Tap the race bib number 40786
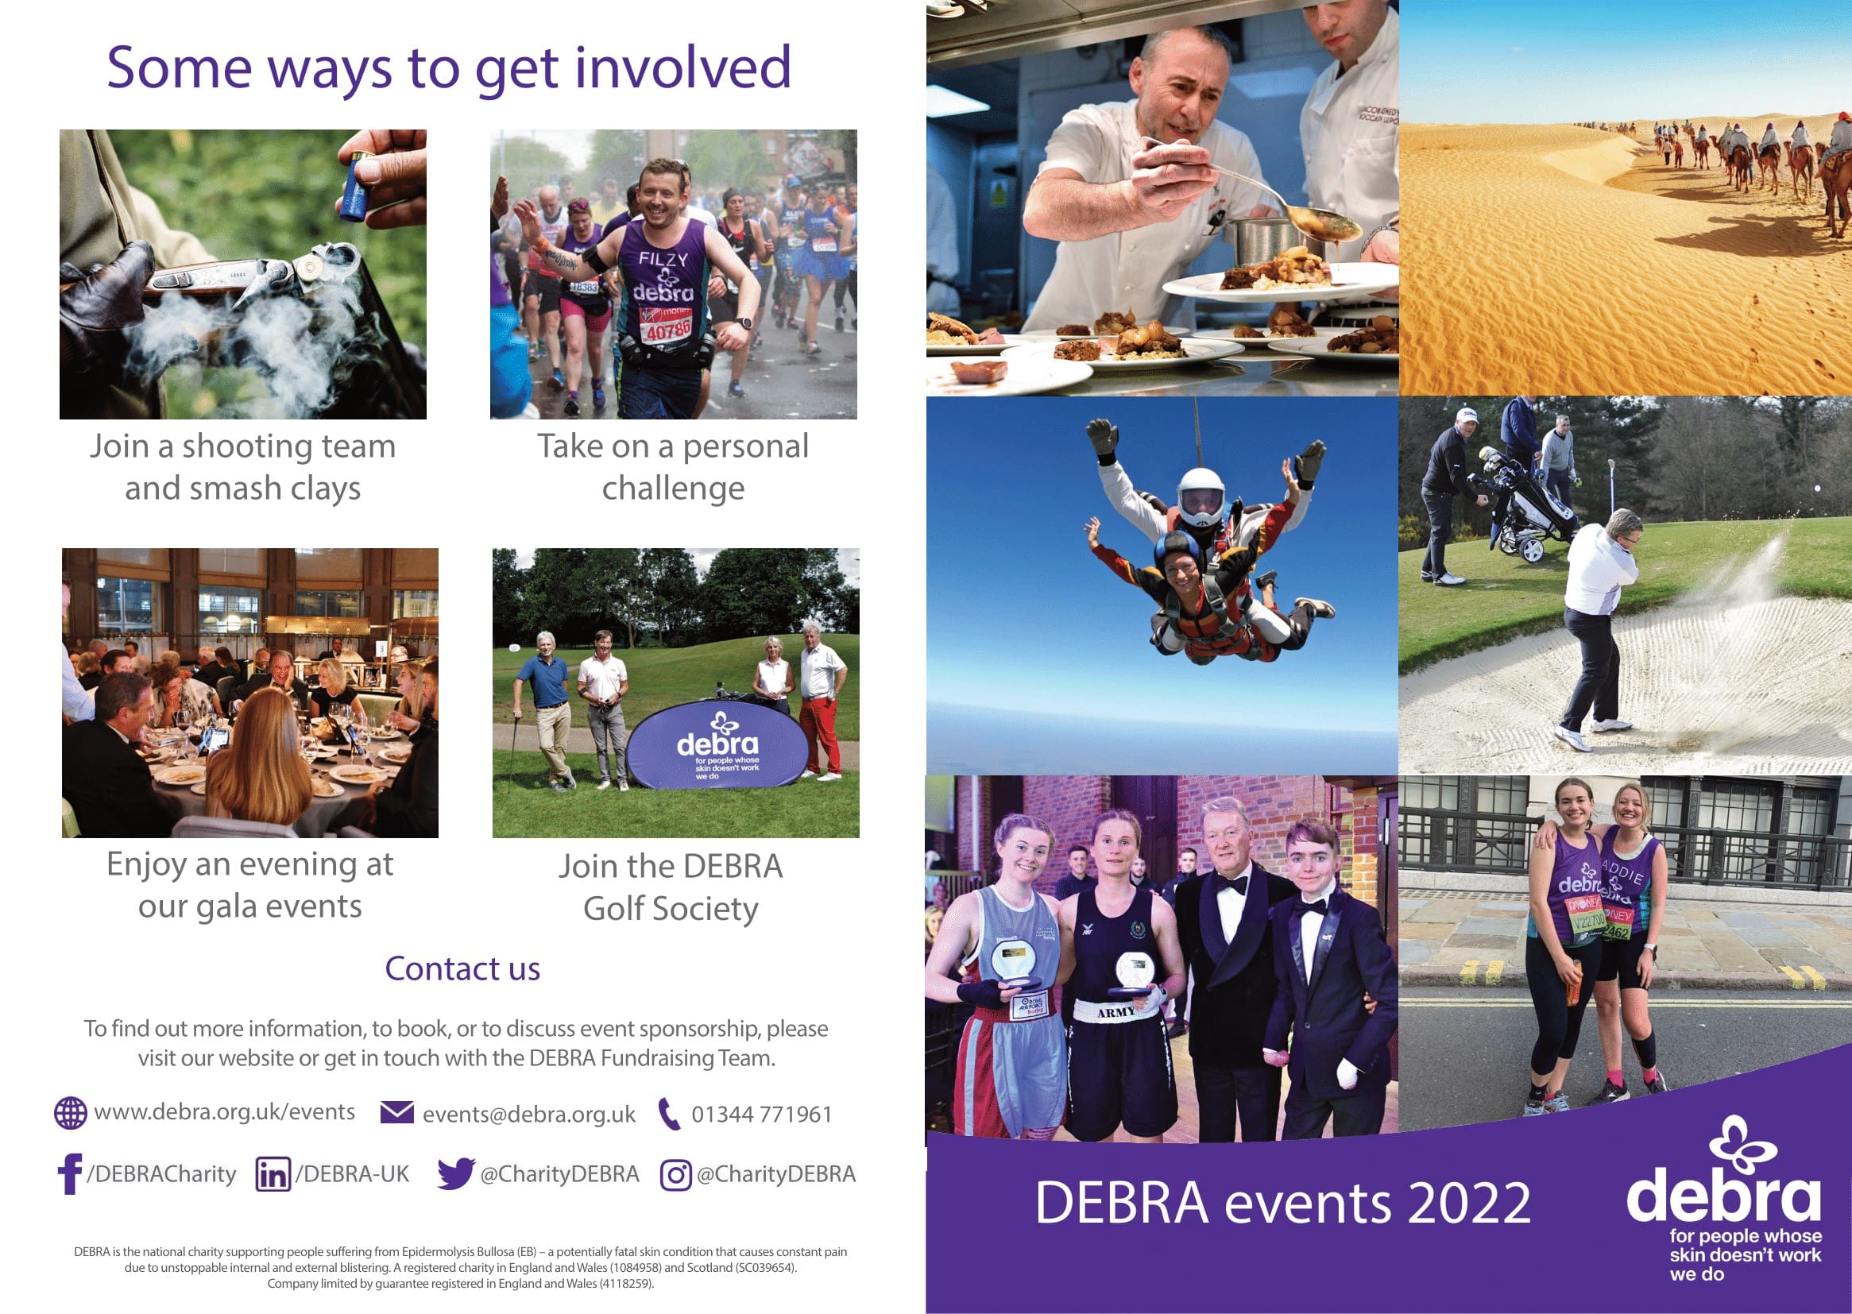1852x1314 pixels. click(667, 330)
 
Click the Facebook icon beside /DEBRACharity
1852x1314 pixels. click(70, 1173)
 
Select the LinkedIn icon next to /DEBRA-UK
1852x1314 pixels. click(273, 1174)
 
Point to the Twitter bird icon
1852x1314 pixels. click(455, 1173)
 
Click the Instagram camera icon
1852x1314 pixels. click(675, 1175)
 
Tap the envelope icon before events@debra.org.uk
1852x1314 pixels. click(397, 1112)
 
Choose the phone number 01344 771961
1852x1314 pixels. click(761, 1114)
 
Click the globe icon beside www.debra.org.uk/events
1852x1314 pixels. click(71, 1112)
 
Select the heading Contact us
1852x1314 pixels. click(462, 968)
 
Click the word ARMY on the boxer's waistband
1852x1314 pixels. click(1115, 1012)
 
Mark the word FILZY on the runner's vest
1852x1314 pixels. click(663, 259)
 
